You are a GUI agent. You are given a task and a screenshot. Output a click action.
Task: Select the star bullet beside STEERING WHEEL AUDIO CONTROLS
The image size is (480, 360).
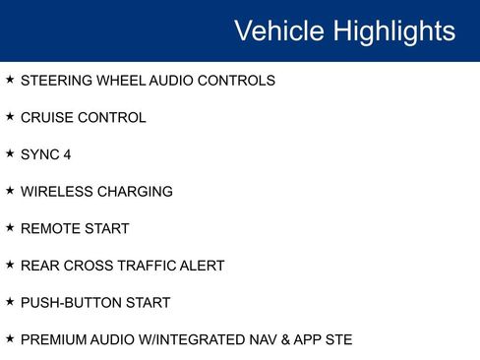(10, 80)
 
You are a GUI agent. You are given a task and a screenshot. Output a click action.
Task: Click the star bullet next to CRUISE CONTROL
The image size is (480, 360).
(10, 117)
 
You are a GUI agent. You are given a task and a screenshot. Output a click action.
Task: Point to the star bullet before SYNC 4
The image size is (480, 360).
(10, 153)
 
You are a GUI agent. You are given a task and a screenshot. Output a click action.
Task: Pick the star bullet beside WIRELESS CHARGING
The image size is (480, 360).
(10, 191)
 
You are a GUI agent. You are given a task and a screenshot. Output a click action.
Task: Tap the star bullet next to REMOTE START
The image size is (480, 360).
(10, 228)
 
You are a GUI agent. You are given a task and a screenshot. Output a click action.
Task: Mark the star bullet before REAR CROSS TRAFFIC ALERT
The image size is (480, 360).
(10, 265)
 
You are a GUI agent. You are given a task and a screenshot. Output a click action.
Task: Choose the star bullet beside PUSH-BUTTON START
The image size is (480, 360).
(10, 302)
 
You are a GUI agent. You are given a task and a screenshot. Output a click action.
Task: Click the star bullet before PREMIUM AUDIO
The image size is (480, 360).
(10, 339)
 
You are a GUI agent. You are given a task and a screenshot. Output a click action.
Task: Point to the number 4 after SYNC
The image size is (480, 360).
(67, 154)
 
